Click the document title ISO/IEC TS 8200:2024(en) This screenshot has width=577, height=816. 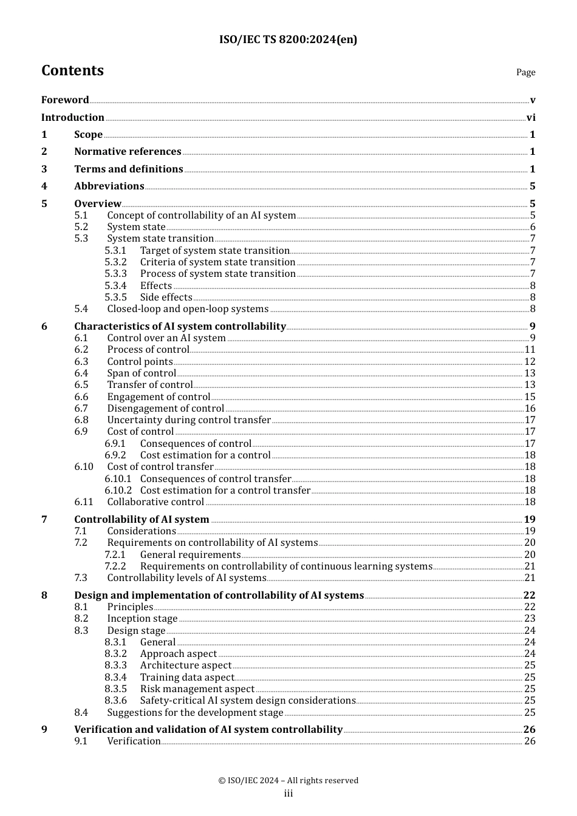pyautogui.click(x=288, y=39)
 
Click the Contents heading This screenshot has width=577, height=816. pyautogui.click(x=72, y=70)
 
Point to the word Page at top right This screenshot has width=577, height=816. pyautogui.click(x=525, y=72)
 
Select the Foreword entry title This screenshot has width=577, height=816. pyautogui.click(x=65, y=100)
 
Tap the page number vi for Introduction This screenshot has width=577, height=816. pyautogui.click(x=531, y=118)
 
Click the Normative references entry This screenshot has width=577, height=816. pyautogui.click(x=128, y=152)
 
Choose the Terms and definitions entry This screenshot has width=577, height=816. pyautogui.click(x=128, y=169)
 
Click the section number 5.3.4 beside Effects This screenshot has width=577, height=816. pyautogui.click(x=115, y=286)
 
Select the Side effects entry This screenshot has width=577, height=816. pyautogui.click(x=166, y=297)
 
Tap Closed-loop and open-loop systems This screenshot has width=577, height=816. pyautogui.click(x=188, y=309)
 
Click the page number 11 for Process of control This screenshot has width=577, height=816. pyautogui.click(x=530, y=350)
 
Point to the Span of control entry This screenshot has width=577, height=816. pyautogui.click(x=142, y=373)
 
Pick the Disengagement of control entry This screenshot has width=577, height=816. pyautogui.click(x=166, y=409)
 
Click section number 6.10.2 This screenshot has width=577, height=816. pyautogui.click(x=118, y=491)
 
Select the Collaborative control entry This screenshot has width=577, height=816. pyautogui.click(x=155, y=502)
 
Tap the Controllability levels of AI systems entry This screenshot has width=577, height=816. pyautogui.click(x=186, y=578)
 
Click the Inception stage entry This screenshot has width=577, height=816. pyautogui.click(x=142, y=619)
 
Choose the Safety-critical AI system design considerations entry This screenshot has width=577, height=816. pyautogui.click(x=248, y=701)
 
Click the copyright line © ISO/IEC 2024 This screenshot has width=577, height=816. pyautogui.click(x=288, y=781)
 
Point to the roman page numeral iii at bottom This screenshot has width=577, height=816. pyautogui.click(x=288, y=794)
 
